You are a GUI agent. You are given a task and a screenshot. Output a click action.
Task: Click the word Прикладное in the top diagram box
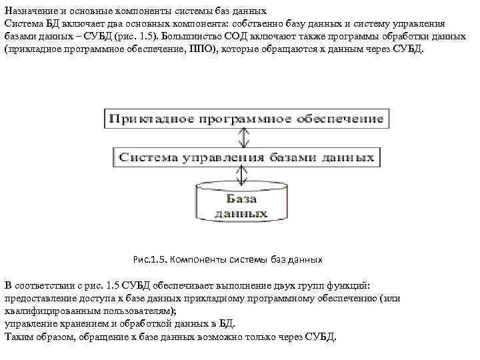(x=143, y=119)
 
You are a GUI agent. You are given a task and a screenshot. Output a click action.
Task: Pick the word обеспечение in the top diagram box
(x=342, y=119)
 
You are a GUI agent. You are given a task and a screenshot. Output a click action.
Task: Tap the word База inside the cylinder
(x=241, y=199)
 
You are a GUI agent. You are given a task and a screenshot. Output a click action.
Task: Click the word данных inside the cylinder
(x=241, y=213)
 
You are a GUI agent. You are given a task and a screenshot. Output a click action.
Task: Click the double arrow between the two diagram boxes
(x=243, y=137)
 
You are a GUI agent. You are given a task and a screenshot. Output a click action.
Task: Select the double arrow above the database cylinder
(x=241, y=177)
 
